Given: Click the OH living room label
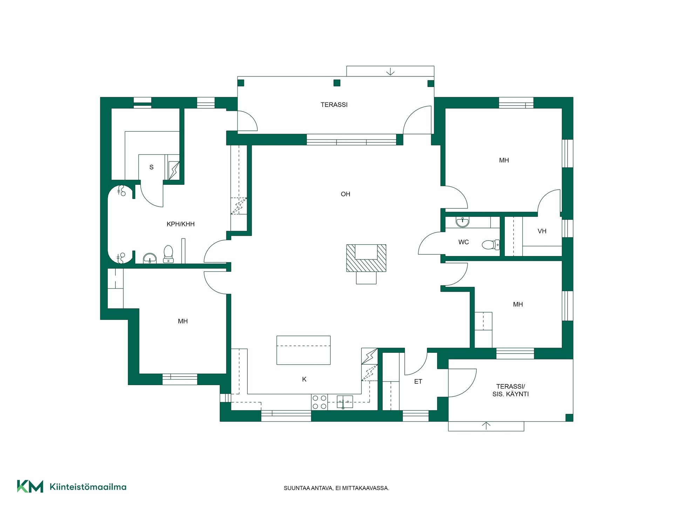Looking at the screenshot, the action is click(345, 194).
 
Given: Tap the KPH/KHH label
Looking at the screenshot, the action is click(181, 224).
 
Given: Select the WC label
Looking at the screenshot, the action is click(463, 242).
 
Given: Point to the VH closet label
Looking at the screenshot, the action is click(542, 231).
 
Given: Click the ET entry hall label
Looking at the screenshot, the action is click(418, 381).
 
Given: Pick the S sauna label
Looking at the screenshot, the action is click(151, 167).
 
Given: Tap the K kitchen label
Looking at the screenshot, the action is click(304, 379).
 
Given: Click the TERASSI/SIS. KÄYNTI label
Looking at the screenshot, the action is click(510, 390).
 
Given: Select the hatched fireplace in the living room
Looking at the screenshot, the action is click(366, 260).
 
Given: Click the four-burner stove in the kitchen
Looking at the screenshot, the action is click(319, 402).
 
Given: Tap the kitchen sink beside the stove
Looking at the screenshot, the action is click(345, 402).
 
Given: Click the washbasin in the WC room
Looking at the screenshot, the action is click(462, 222).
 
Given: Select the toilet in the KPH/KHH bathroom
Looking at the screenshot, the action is click(169, 254).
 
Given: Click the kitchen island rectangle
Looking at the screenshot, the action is click(304, 350).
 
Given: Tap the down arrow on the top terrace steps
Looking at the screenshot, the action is click(390, 72).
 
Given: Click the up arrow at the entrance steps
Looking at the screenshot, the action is click(486, 426).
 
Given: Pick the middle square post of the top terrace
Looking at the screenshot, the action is click(337, 83).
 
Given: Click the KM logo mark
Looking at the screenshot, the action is click(30, 486).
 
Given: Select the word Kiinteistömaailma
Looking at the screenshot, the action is click(88, 487).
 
